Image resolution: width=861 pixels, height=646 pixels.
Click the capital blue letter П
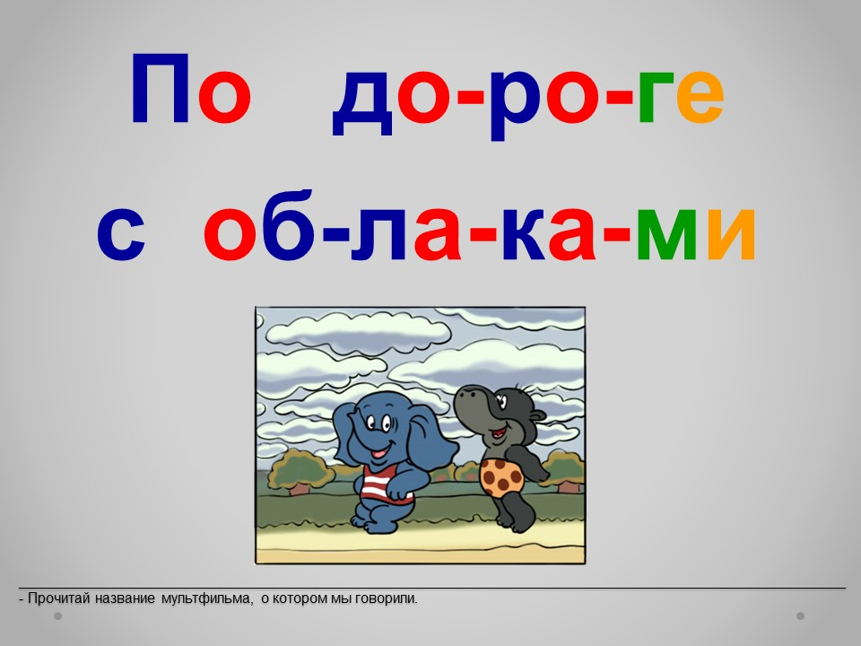(161, 89)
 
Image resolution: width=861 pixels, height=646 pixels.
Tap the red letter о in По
(224, 97)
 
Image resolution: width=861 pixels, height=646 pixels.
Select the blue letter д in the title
(362, 102)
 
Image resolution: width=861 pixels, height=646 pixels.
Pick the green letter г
(656, 98)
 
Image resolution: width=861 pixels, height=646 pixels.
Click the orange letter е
(700, 97)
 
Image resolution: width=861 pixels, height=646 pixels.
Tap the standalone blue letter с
(121, 233)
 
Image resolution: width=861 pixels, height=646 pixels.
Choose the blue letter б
(289, 225)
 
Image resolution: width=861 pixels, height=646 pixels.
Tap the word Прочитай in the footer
(59, 598)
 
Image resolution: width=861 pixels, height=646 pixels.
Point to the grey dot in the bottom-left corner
(57, 615)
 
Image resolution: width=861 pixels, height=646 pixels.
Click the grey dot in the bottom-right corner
(801, 615)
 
